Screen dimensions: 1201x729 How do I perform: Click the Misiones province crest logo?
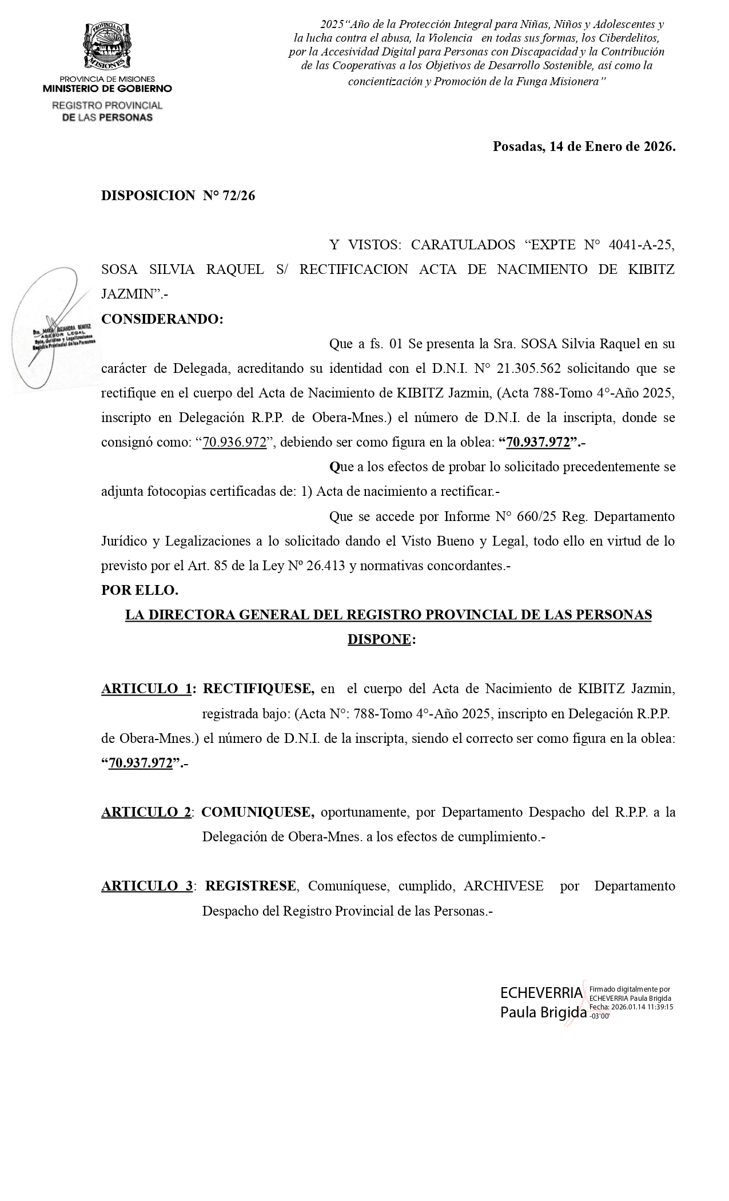[x=107, y=45]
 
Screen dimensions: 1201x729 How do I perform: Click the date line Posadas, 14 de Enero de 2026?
[x=584, y=146]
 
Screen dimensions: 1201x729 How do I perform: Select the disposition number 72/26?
[x=240, y=196]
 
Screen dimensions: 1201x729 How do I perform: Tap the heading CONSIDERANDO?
[x=162, y=319]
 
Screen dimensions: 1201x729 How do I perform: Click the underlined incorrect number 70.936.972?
[x=234, y=443]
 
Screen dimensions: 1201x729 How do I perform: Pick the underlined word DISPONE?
[x=379, y=639]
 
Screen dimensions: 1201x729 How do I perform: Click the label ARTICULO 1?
[x=146, y=689]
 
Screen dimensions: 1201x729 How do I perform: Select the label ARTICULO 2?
[x=146, y=812]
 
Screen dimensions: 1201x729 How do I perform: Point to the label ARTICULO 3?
[x=147, y=886]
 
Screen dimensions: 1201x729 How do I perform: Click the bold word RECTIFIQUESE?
[x=258, y=689]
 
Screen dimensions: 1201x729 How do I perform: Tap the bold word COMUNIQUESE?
[x=258, y=812]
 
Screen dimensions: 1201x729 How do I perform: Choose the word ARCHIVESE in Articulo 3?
[x=504, y=886]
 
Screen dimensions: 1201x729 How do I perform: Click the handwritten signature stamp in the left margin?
[x=54, y=332]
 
